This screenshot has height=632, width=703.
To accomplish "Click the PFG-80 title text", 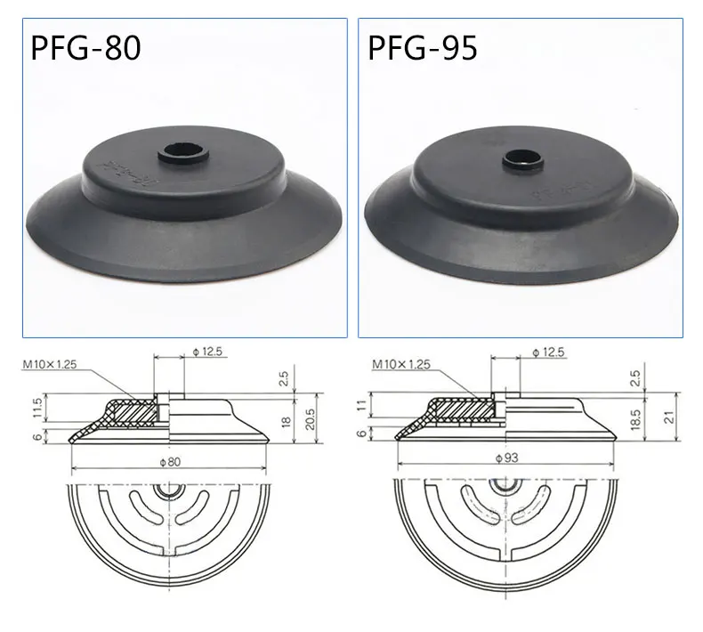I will click(86, 46).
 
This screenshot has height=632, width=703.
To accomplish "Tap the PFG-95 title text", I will click(423, 46).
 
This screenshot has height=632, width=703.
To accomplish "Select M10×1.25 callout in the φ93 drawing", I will click(401, 364).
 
